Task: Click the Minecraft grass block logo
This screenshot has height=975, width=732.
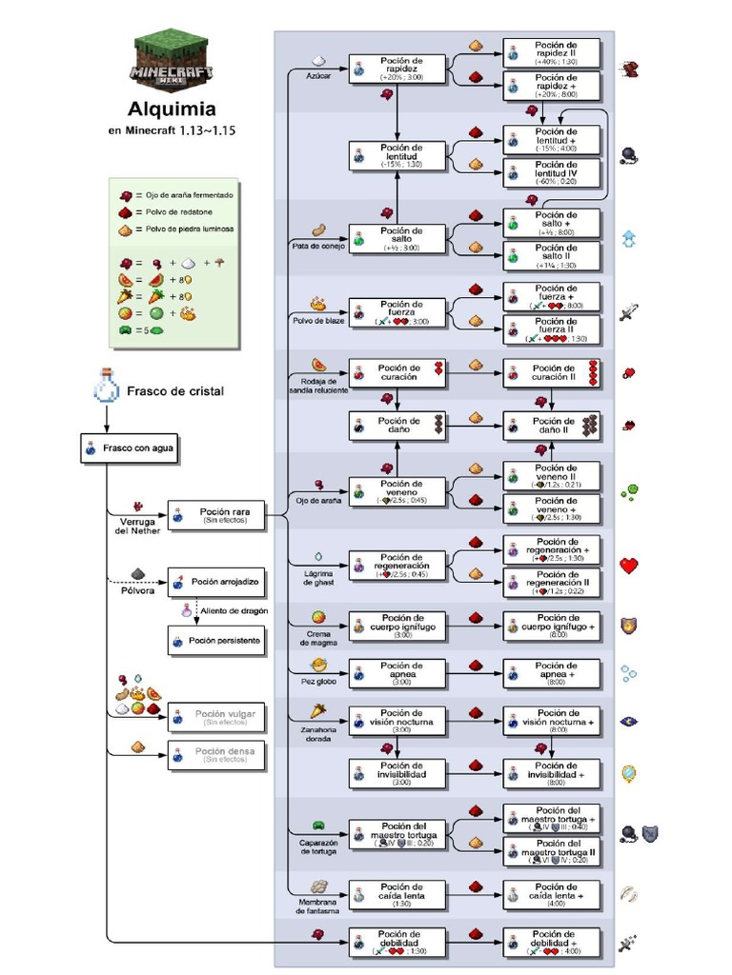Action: pos(172,58)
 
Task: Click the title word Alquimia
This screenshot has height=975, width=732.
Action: pos(172,109)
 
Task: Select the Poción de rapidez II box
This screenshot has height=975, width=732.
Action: pos(552,52)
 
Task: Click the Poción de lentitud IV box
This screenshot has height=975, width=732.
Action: pos(552,172)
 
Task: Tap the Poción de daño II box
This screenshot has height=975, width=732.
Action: pos(552,426)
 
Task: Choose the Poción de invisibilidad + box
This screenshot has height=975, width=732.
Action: pos(552,774)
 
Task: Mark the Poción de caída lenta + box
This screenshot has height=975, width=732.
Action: pos(552,895)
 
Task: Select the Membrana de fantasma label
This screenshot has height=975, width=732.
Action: pos(318,905)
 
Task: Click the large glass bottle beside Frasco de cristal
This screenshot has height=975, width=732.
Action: pos(105,387)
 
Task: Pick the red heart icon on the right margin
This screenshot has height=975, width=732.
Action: pos(629,566)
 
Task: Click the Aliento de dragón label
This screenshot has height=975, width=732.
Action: pos(234,609)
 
